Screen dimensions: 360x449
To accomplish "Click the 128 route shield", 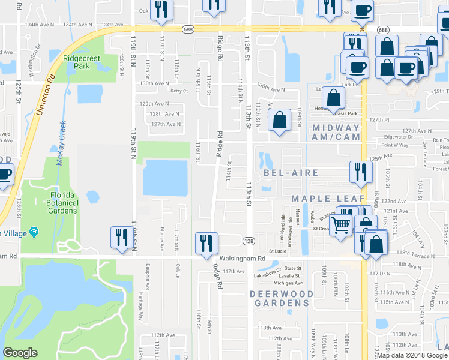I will click(248, 241).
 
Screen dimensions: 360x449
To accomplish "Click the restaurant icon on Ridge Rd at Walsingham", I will click(207, 244).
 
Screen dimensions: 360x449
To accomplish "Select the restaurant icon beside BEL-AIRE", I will click(361, 172).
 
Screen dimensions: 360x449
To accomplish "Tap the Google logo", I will click(20, 353).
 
